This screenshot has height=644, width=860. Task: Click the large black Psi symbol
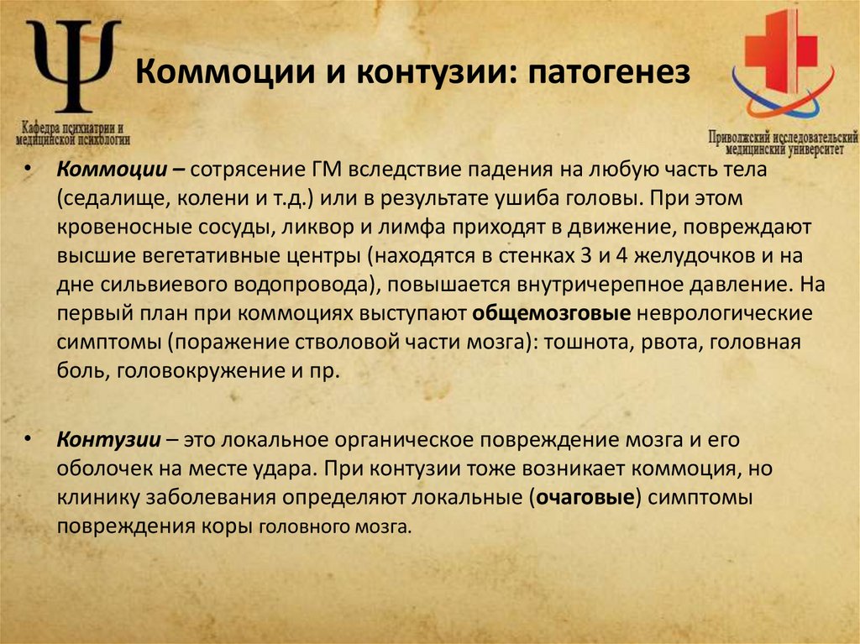pos(74,65)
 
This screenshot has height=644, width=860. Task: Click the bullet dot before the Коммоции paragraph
pos(30,170)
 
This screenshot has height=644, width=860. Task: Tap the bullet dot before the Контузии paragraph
pos(30,439)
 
